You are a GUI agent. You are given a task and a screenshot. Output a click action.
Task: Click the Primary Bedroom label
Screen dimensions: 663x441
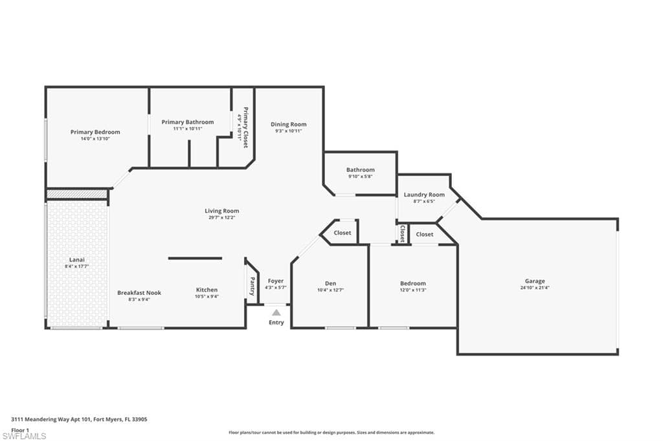(95, 132)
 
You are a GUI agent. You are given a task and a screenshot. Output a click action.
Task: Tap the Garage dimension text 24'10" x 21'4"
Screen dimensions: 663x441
(535, 288)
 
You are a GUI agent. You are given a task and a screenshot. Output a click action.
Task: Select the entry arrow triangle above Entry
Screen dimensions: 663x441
(276, 312)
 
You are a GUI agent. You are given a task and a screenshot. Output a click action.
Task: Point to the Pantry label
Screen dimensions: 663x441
(253, 286)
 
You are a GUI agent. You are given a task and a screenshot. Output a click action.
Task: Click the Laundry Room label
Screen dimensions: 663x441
(424, 195)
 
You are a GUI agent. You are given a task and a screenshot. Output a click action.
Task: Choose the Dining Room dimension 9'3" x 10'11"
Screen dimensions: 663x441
(288, 131)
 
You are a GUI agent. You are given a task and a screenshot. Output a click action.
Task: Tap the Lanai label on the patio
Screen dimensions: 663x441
(77, 260)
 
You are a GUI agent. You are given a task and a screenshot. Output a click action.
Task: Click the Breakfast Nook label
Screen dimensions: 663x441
(139, 292)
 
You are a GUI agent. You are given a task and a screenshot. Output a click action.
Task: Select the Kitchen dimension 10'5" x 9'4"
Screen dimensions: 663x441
(207, 297)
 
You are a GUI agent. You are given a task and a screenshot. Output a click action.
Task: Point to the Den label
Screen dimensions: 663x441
(331, 283)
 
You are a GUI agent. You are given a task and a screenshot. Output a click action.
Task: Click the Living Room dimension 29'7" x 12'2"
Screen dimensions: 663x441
(221, 217)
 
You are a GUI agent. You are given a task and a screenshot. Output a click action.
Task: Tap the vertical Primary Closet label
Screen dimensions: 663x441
(245, 127)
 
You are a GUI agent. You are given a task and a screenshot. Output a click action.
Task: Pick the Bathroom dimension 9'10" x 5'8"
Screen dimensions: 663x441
(360, 177)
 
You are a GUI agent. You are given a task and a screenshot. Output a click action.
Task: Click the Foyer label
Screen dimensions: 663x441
(276, 281)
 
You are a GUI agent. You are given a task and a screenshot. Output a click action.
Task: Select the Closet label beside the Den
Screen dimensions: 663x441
(343, 233)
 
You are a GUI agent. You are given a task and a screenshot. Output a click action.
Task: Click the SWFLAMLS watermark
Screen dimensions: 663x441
(24, 436)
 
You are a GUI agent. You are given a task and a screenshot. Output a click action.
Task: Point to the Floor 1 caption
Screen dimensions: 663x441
(20, 430)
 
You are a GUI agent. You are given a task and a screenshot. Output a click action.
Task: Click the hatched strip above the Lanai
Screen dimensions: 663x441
(76, 194)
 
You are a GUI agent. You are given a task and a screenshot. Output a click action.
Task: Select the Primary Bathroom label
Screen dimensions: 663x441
(188, 122)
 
